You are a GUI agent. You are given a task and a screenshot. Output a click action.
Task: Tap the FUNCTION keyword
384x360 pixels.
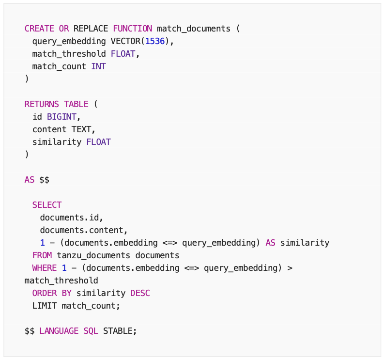pyautogui.click(x=133, y=29)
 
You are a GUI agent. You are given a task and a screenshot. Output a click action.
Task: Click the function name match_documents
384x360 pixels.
pyautogui.click(x=194, y=29)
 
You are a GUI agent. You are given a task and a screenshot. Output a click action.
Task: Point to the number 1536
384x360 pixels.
pyautogui.click(x=155, y=41)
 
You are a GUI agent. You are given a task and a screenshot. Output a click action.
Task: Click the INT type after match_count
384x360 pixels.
pyautogui.click(x=98, y=66)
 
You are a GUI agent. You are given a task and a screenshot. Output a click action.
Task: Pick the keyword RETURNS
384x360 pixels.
pyautogui.click(x=42, y=104)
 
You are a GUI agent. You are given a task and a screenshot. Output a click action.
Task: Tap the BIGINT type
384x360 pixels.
pyautogui.click(x=61, y=117)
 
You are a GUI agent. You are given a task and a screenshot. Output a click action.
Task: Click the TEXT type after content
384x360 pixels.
pyautogui.click(x=84, y=129)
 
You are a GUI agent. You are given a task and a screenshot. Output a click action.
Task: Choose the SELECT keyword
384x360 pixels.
pyautogui.click(x=47, y=205)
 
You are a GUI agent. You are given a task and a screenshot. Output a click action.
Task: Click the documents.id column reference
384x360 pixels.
pyautogui.click(x=71, y=218)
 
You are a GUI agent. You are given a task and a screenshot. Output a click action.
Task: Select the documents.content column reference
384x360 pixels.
pyautogui.click(x=83, y=230)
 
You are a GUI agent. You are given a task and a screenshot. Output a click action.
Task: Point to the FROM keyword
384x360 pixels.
pyautogui.click(x=42, y=255)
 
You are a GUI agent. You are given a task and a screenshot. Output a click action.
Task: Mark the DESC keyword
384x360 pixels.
pyautogui.click(x=140, y=293)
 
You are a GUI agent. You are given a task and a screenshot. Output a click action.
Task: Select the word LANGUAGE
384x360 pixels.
pyautogui.click(x=59, y=331)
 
